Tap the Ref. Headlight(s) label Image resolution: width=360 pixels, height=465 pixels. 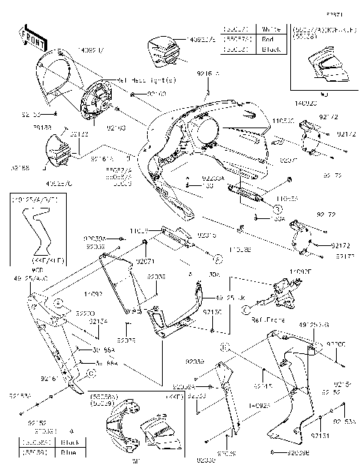147,79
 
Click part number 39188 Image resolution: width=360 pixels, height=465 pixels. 43,128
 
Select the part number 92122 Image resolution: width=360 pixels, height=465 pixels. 79,133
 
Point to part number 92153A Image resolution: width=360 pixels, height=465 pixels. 20,395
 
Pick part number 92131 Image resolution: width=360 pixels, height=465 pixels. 319,435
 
